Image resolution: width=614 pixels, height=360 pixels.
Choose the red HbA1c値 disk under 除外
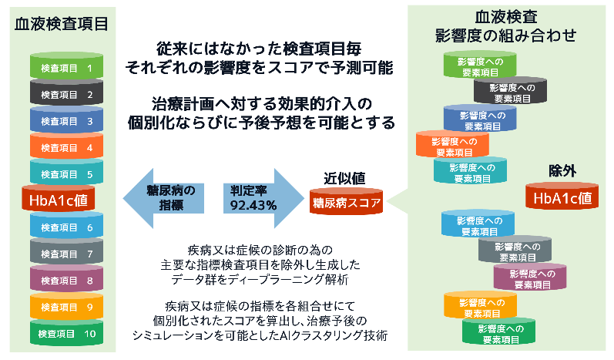[562, 198]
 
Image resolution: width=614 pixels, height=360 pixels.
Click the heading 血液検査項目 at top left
[60, 24]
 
